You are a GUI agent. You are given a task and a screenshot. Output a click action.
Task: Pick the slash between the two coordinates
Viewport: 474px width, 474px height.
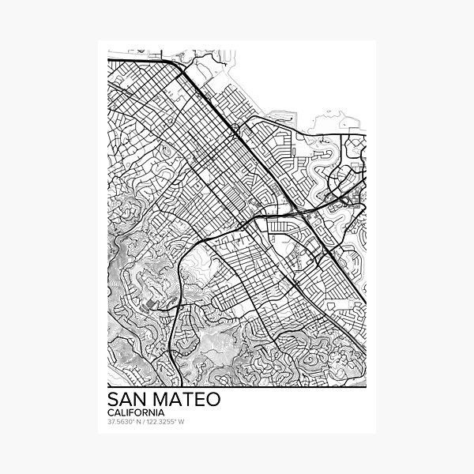[x=144, y=422]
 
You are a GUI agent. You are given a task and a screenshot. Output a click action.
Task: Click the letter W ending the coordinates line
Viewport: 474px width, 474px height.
[x=182, y=422]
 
